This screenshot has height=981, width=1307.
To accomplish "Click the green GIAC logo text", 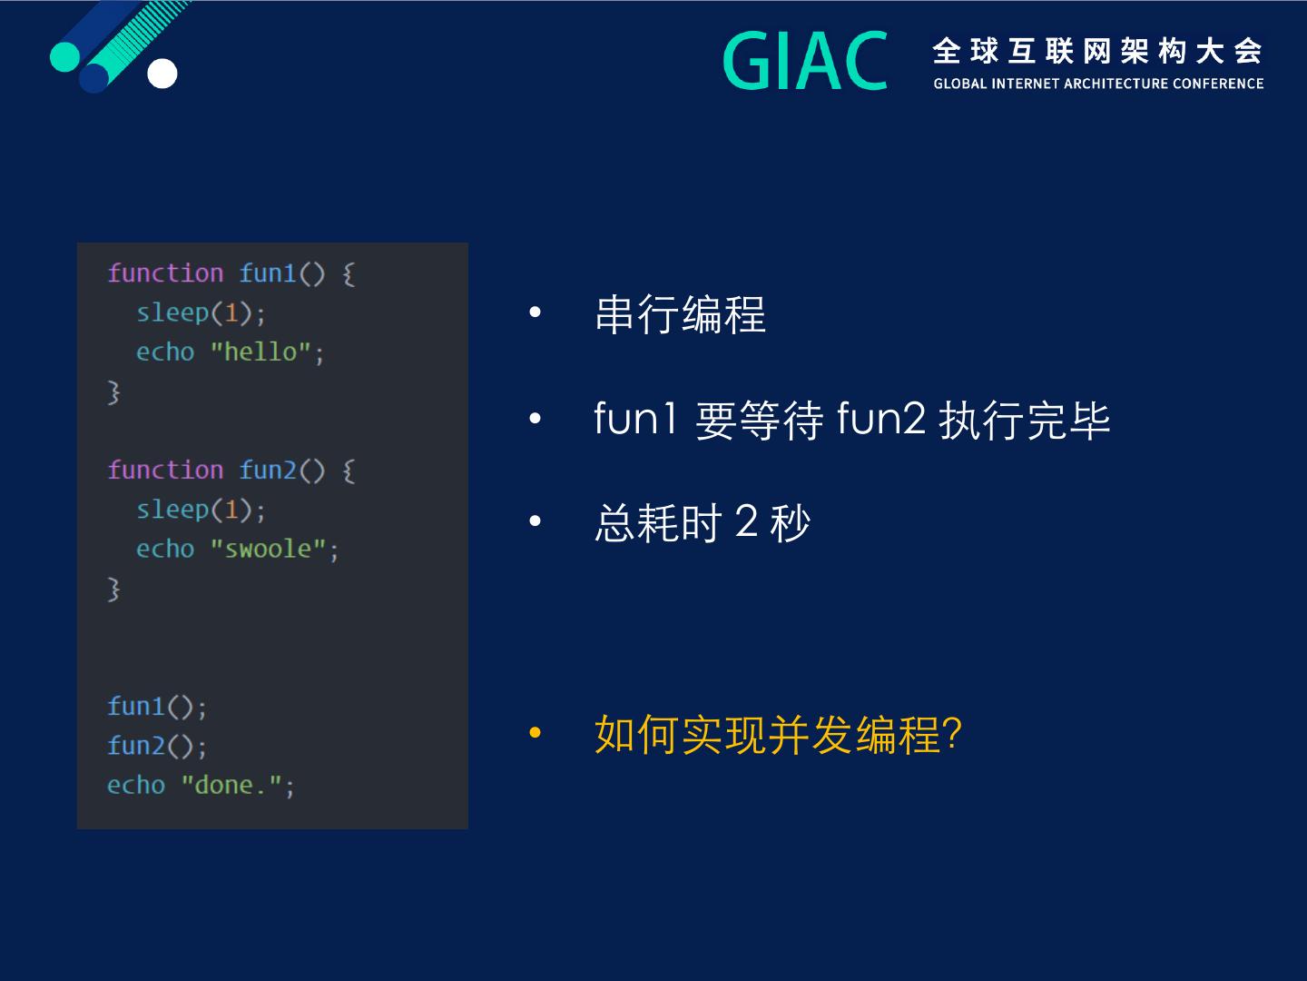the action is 805,61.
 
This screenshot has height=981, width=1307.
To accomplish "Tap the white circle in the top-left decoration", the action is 162,74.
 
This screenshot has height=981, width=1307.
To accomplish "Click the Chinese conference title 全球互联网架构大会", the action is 1097,51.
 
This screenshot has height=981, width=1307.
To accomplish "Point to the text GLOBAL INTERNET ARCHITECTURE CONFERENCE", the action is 1098,84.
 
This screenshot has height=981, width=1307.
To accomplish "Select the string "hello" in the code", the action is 260,352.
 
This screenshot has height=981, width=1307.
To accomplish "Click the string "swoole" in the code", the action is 268,549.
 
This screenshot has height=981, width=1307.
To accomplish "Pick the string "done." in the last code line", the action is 231,785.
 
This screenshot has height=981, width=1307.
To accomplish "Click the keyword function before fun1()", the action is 165,273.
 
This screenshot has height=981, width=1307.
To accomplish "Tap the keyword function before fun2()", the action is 165,470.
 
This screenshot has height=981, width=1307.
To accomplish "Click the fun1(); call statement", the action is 157,707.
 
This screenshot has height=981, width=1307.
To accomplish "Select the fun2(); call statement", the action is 157,747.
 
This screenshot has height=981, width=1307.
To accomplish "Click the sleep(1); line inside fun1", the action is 201,312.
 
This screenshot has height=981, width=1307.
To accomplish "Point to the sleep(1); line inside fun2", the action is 201,510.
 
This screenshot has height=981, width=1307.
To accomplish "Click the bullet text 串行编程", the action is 680,314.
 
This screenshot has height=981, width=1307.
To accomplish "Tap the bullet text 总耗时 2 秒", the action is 703,523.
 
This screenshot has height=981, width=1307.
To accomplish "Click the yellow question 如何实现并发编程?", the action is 778,735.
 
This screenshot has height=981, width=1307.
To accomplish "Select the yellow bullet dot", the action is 536,733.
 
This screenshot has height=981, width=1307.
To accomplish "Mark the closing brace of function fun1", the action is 113,392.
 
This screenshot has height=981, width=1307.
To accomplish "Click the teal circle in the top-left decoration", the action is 65,56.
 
